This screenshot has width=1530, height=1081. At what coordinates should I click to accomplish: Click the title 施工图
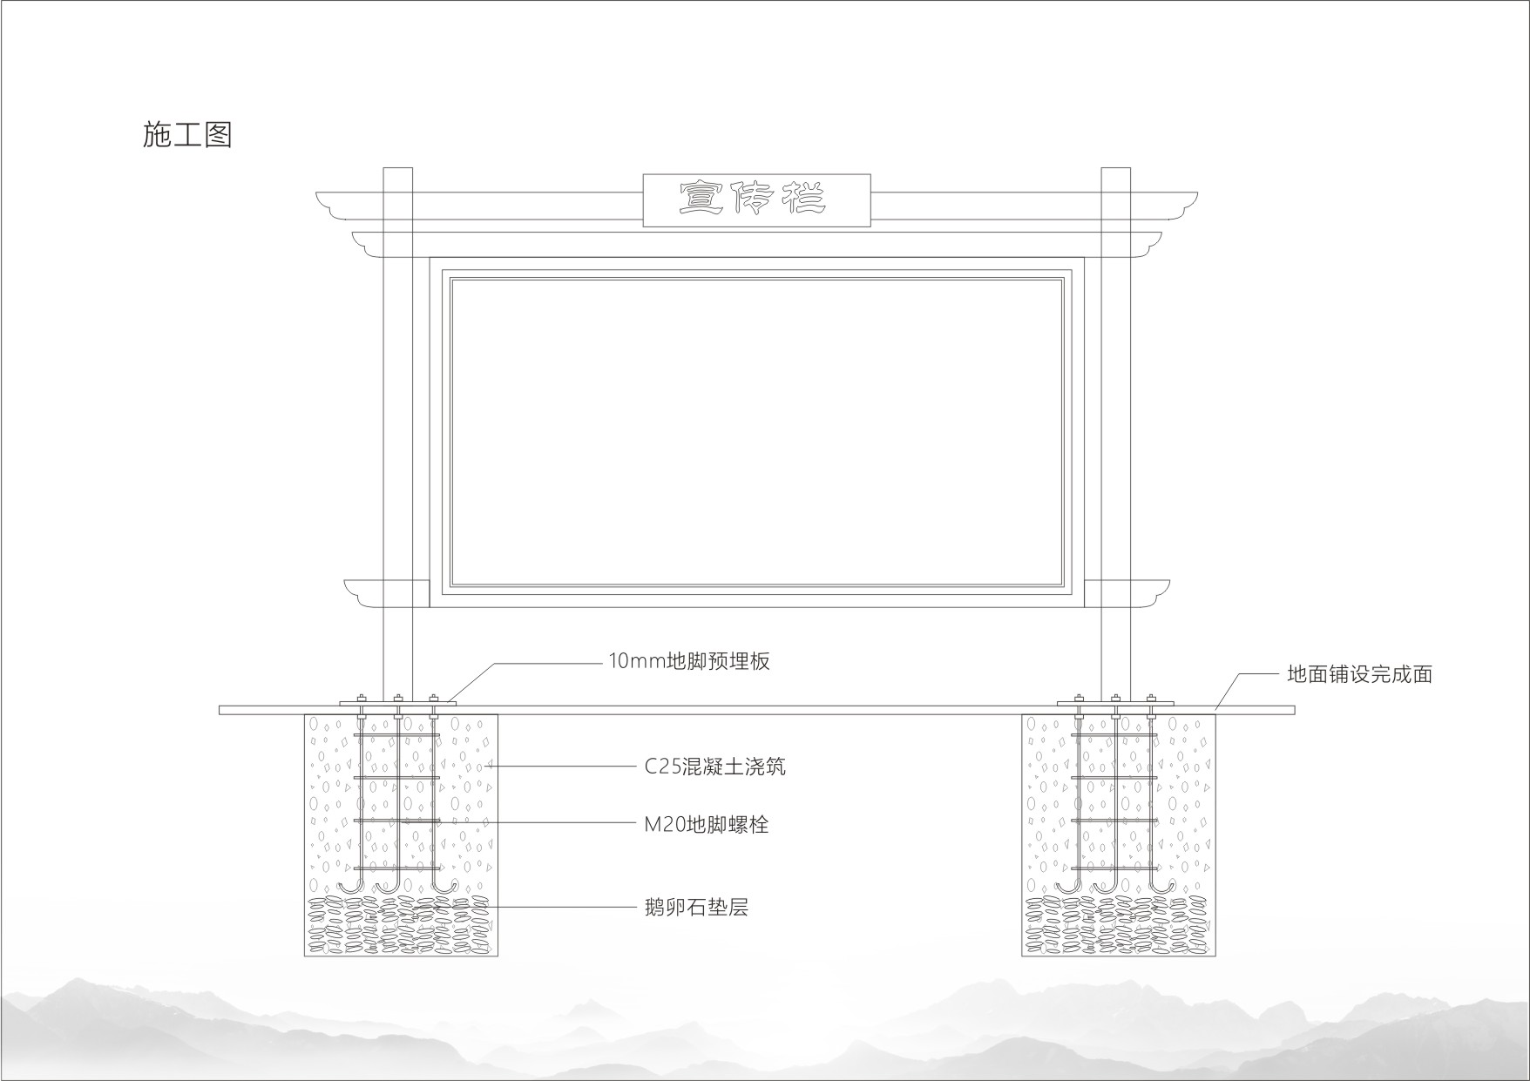click(187, 135)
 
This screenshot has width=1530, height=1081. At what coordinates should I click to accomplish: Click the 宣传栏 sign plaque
click(756, 200)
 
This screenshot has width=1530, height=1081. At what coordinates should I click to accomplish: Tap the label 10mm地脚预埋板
click(688, 661)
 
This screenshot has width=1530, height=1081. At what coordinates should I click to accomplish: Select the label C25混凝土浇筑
click(714, 767)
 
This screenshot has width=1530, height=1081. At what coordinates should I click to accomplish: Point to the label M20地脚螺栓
click(706, 824)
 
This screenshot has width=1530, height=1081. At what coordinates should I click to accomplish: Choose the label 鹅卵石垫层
click(696, 908)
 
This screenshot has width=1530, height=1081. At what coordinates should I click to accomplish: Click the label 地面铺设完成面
click(1359, 674)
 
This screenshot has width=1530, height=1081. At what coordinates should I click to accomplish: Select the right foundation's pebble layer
click(1119, 925)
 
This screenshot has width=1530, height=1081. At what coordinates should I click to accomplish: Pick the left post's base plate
click(397, 703)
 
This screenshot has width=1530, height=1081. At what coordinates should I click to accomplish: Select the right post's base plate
click(1115, 703)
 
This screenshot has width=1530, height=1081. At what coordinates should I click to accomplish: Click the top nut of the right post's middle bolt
click(1116, 697)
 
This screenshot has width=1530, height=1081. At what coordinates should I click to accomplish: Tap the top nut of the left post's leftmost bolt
click(362, 697)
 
